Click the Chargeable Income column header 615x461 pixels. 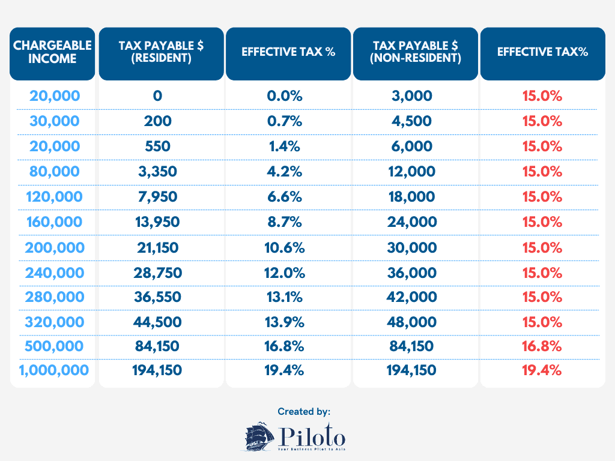[52, 52]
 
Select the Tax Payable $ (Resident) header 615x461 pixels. [162, 52]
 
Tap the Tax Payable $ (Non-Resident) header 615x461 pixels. [416, 52]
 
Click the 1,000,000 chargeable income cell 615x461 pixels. [53, 370]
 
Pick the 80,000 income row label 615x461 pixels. [55, 172]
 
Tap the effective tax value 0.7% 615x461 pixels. [288, 121]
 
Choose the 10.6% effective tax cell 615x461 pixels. [288, 247]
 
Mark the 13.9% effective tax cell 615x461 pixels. [288, 322]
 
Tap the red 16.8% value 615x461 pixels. [542, 346]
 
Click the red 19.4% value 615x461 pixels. [542, 370]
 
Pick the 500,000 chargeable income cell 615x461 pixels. [55, 346]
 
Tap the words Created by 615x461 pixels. [304, 411]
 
